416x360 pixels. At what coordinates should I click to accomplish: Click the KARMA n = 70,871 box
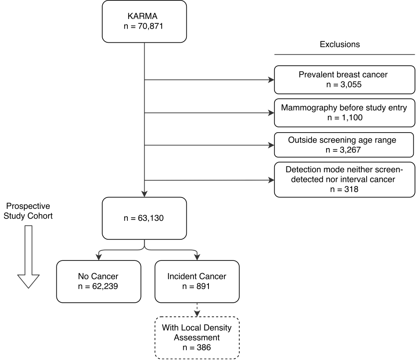click(145, 22)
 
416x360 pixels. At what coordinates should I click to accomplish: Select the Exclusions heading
click(340, 45)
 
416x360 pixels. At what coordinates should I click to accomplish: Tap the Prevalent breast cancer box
click(344, 80)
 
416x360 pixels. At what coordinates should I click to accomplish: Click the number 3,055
click(351, 85)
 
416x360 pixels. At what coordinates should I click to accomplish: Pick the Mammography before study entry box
click(344, 113)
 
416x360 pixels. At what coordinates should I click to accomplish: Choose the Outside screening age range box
click(344, 145)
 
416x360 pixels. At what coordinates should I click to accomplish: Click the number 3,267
click(350, 150)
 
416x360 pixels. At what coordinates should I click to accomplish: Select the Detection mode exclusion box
click(344, 180)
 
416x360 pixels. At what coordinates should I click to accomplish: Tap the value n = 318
click(344, 189)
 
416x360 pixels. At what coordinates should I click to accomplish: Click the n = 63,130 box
click(145, 218)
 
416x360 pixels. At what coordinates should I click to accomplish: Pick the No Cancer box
click(99, 282)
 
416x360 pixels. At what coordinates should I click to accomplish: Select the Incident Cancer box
click(197, 282)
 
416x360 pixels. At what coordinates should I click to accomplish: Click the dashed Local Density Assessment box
click(197, 338)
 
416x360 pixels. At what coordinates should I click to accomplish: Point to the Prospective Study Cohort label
click(28, 211)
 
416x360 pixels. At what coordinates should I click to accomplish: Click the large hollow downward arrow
click(28, 257)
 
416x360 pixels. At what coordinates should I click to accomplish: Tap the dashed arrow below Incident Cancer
click(197, 310)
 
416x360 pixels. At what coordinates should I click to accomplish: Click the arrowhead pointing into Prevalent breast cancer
click(271, 80)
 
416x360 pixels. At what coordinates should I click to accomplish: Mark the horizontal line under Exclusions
click(344, 55)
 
